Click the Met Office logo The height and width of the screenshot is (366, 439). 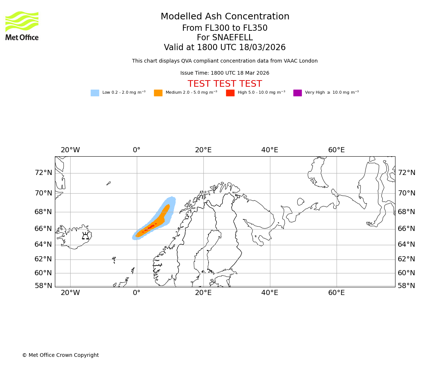click(x=22, y=26)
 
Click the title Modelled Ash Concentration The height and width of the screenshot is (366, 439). click(x=225, y=17)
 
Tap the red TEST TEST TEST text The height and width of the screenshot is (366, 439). click(x=225, y=84)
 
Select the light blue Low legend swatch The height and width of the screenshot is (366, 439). click(x=95, y=93)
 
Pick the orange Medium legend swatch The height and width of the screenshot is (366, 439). click(x=158, y=93)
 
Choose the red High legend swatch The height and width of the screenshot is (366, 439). click(x=230, y=93)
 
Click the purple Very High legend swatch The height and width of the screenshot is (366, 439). click(x=297, y=93)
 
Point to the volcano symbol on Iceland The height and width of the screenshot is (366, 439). click(x=85, y=236)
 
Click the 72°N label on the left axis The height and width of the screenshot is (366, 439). click(x=44, y=173)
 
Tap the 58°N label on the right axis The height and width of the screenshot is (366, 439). click(x=406, y=286)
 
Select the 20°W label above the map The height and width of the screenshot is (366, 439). click(x=70, y=150)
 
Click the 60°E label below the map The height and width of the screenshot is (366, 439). click(x=336, y=293)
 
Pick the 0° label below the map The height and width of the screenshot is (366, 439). click(x=137, y=293)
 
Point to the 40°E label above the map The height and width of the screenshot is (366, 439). click(x=270, y=150)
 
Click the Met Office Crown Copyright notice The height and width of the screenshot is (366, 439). click(x=60, y=355)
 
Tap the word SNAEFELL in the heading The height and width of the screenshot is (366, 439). click(x=225, y=38)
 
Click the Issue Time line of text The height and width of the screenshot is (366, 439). click(x=225, y=73)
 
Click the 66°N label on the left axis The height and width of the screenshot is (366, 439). click(x=44, y=229)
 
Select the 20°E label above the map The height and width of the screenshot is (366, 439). click(x=203, y=150)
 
